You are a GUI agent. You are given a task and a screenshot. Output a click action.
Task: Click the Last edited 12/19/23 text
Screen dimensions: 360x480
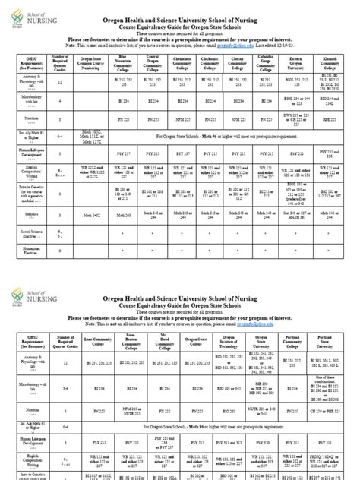coord(296,46)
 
